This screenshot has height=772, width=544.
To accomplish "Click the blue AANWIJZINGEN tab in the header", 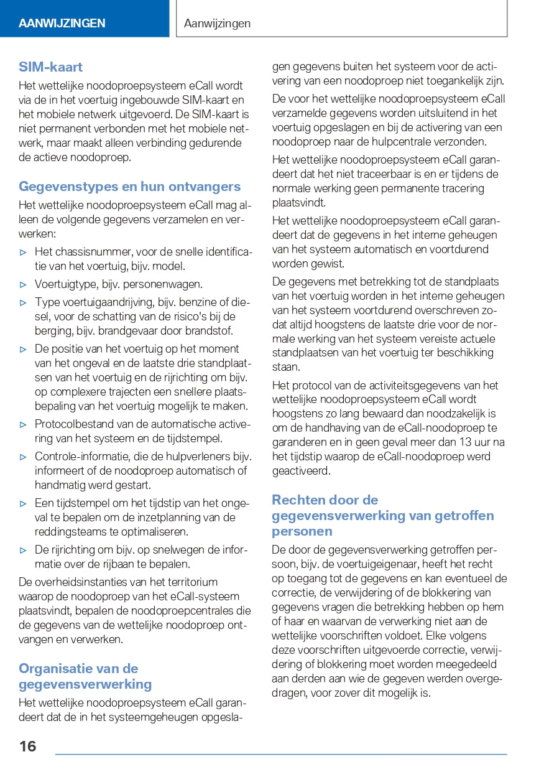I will point(62,24).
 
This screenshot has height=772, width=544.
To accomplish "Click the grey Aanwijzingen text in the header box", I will point(217,24).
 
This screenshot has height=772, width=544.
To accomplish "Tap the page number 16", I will point(27,746).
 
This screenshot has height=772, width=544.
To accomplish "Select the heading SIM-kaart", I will point(50,67).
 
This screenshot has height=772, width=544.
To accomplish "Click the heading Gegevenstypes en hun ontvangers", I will point(129,187).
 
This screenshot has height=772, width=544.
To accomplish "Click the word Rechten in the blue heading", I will point(295,500).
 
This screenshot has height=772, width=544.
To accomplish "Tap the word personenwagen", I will point(170,284).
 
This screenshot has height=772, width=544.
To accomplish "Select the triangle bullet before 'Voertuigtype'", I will point(24,285).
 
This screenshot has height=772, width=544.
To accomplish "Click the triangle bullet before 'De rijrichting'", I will point(24,551).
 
